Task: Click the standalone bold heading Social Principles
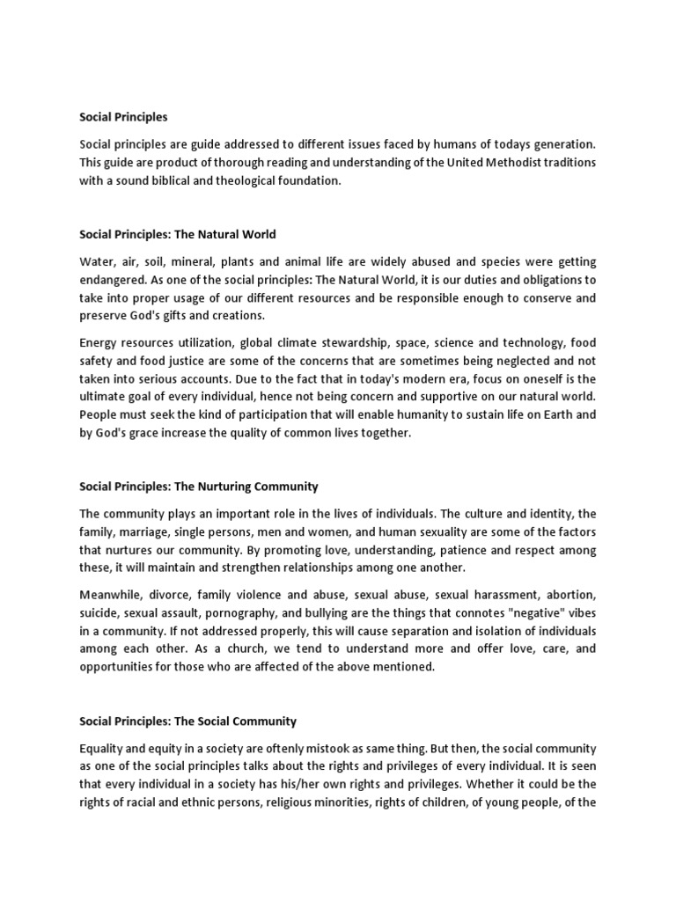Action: click(123, 116)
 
